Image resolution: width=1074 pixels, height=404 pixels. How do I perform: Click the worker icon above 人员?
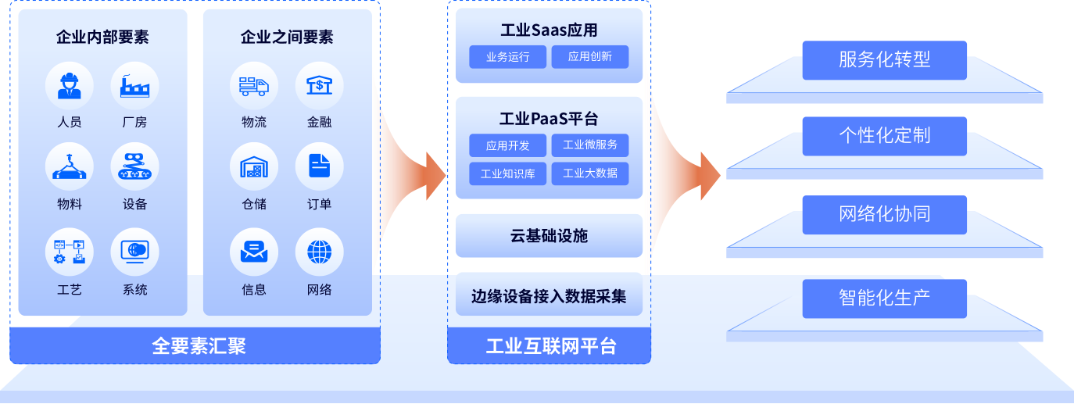click(x=70, y=85)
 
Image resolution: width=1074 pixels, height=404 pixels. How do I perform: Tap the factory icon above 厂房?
click(x=134, y=85)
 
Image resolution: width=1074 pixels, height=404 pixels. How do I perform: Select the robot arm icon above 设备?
click(x=134, y=167)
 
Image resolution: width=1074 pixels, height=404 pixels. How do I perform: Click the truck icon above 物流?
click(x=254, y=85)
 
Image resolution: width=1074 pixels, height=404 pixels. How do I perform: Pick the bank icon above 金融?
click(x=319, y=85)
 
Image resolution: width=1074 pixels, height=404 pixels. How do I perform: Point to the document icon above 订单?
click(x=319, y=167)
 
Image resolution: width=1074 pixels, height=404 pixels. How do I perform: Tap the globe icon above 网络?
click(x=319, y=252)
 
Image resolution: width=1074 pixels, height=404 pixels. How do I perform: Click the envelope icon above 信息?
click(x=254, y=252)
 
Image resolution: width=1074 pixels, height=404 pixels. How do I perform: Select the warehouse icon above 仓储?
click(x=254, y=167)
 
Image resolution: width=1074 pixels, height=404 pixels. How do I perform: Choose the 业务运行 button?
click(x=508, y=57)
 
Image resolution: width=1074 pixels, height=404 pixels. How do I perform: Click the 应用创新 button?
click(x=590, y=57)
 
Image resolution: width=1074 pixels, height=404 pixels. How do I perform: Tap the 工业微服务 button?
click(x=590, y=145)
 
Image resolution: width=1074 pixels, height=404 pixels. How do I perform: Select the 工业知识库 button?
click(x=508, y=173)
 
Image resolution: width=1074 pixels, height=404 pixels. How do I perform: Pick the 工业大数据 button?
click(x=590, y=173)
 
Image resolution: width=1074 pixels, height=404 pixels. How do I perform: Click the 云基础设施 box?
click(x=549, y=236)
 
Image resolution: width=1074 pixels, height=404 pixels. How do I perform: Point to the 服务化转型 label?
click(x=884, y=60)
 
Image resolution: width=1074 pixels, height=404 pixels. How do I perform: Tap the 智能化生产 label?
click(x=884, y=298)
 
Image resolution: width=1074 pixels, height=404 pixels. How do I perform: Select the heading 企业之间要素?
click(x=287, y=37)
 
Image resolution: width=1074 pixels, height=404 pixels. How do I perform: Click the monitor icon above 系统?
click(x=134, y=252)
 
